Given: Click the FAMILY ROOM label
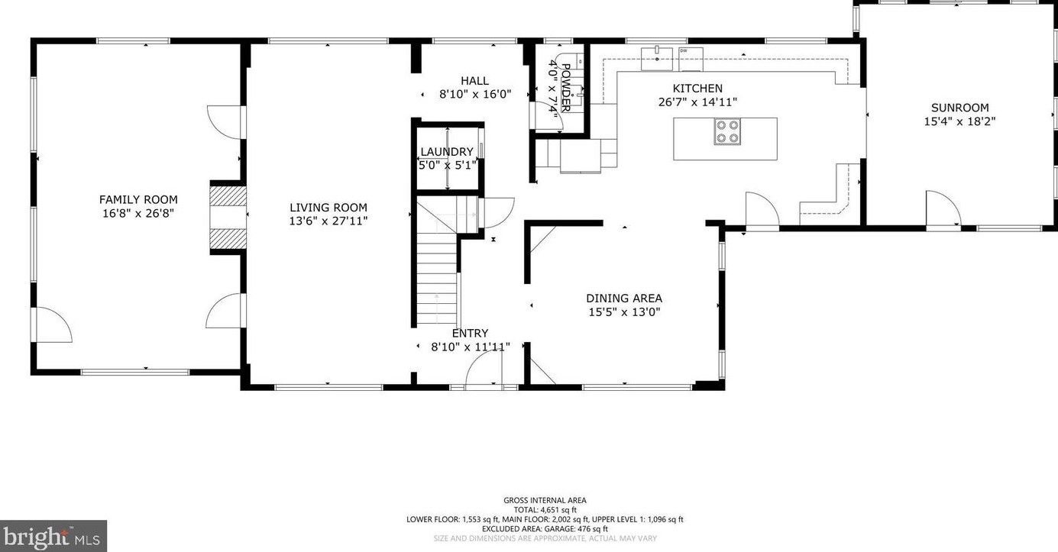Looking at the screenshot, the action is (x=138, y=200).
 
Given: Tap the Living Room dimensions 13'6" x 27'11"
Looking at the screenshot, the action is (x=328, y=221).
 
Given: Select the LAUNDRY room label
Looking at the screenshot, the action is (x=447, y=152).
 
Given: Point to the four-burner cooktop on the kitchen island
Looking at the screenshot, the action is (x=727, y=131).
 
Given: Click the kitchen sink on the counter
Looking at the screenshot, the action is (x=656, y=59).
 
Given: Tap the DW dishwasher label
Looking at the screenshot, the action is (x=684, y=50).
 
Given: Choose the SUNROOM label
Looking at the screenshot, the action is (x=959, y=108).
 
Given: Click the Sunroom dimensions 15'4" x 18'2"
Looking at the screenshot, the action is (x=959, y=121).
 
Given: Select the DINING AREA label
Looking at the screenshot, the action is (x=624, y=299).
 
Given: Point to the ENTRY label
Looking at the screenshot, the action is (x=470, y=333).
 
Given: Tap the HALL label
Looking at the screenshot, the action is (x=474, y=81).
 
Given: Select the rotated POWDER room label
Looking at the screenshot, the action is (x=566, y=88).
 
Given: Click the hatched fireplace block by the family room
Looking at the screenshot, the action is (x=228, y=217).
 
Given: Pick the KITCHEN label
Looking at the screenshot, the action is (x=697, y=89).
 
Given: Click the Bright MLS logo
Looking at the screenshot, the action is (x=53, y=537).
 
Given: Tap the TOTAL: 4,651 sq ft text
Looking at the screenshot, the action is (x=545, y=510).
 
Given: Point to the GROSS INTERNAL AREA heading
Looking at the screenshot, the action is (x=545, y=501).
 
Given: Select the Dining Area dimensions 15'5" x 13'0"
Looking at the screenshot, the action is (x=624, y=312).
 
